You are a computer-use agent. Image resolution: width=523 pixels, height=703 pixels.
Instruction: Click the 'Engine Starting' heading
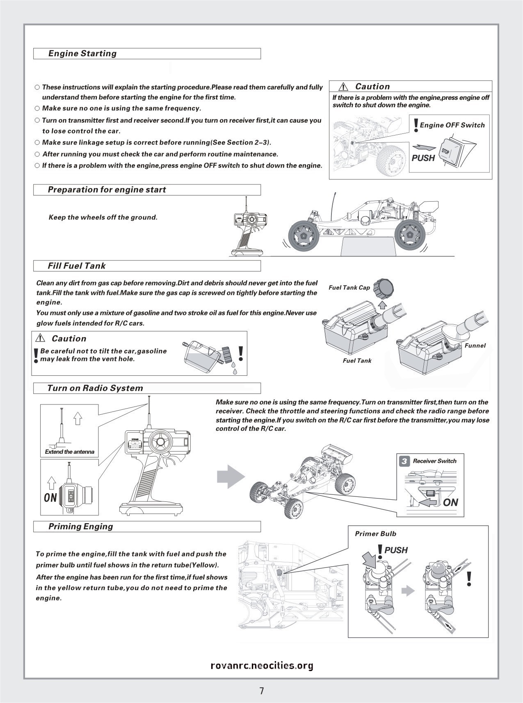pyautogui.click(x=82, y=53)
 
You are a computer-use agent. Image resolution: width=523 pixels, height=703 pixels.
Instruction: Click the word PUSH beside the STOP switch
pyautogui.click(x=423, y=158)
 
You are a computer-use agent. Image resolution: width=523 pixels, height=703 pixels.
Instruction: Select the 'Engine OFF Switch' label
pyautogui.click(x=452, y=125)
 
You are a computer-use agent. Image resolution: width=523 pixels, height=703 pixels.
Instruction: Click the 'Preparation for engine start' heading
pyautogui.click(x=107, y=190)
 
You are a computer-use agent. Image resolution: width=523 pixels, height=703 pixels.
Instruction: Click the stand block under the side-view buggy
pyautogui.click(x=368, y=247)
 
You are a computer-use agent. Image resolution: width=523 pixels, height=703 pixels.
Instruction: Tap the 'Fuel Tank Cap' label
pyautogui.click(x=349, y=287)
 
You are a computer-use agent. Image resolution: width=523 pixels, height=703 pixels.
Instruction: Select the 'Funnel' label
pyautogui.click(x=475, y=345)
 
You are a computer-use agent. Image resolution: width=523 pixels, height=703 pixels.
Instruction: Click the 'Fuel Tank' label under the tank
pyautogui.click(x=357, y=361)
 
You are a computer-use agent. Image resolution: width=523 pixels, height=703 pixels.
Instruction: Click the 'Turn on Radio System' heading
pyautogui.click(x=95, y=388)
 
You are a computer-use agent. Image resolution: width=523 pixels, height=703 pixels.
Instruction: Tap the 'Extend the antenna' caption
pyautogui.click(x=69, y=452)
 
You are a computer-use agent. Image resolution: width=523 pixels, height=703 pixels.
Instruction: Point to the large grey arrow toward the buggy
pyautogui.click(x=231, y=476)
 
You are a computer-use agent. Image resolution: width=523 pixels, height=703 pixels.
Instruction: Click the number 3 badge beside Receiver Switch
pyautogui.click(x=404, y=461)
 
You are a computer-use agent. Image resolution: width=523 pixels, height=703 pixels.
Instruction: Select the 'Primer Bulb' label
pyautogui.click(x=375, y=534)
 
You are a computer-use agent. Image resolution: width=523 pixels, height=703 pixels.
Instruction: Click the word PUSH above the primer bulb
pyautogui.click(x=396, y=550)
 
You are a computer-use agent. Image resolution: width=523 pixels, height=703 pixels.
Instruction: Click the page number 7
pyautogui.click(x=261, y=691)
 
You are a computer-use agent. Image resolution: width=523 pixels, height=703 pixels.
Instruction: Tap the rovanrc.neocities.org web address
pyautogui.click(x=261, y=666)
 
